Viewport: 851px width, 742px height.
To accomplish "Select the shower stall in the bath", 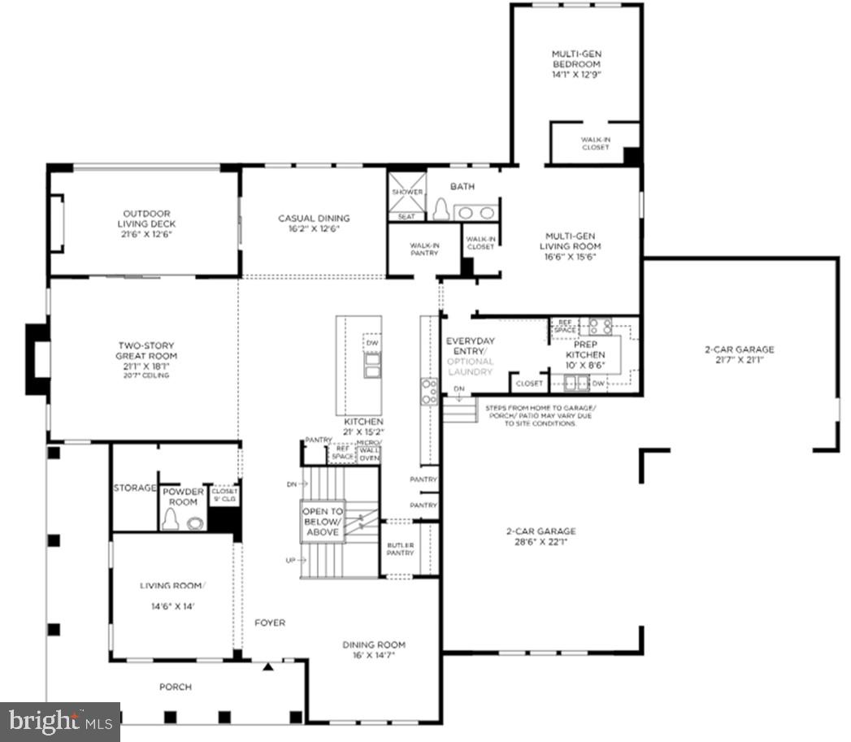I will click(407, 193).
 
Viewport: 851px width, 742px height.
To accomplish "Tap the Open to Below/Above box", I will click(323, 522).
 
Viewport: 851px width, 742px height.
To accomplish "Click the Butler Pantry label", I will click(400, 548).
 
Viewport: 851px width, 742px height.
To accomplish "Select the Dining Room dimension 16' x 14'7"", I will click(373, 655).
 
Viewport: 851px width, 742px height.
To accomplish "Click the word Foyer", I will click(269, 623).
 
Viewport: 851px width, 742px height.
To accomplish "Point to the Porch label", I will click(176, 687).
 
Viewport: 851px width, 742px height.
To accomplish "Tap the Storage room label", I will click(135, 488).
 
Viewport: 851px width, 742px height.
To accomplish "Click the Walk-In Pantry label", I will click(423, 249).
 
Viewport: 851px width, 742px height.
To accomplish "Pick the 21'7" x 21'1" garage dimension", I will click(739, 361).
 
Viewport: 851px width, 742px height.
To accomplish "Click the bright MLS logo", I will click(60, 720).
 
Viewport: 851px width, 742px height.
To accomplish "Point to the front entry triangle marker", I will click(267, 666).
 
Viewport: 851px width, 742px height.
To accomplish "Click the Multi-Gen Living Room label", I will click(572, 246).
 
